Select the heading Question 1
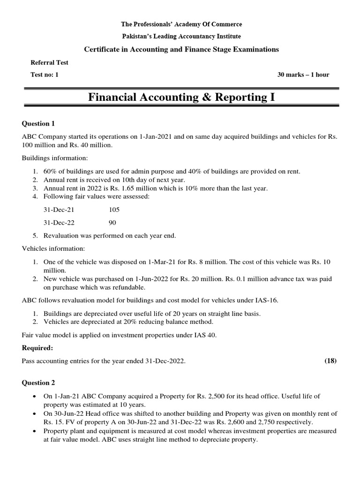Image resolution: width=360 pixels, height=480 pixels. pyautogui.click(x=39, y=124)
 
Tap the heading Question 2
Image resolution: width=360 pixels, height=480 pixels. pyautogui.click(x=39, y=382)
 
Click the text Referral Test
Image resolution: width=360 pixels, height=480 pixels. pyautogui.click(x=49, y=62)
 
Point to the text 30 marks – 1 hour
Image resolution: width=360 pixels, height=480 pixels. pyautogui.click(x=303, y=75)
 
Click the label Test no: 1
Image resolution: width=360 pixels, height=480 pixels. pyautogui.click(x=45, y=75)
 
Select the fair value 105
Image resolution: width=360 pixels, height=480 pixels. pyautogui.click(x=114, y=210)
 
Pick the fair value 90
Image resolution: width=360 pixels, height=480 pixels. pyautogui.click(x=112, y=223)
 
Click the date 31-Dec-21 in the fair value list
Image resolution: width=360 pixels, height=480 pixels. pyautogui.click(x=59, y=210)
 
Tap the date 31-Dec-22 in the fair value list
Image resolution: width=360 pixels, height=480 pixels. pyautogui.click(x=59, y=223)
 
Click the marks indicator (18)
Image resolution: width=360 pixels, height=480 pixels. pyautogui.click(x=330, y=360)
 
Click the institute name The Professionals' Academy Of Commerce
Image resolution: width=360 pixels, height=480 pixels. pyautogui.click(x=181, y=24)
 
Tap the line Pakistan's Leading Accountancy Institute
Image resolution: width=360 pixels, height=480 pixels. pyautogui.click(x=181, y=36)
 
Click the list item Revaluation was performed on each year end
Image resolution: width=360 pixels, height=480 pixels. pyautogui.click(x=110, y=235)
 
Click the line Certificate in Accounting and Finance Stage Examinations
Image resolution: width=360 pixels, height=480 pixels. pyautogui.click(x=181, y=49)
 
